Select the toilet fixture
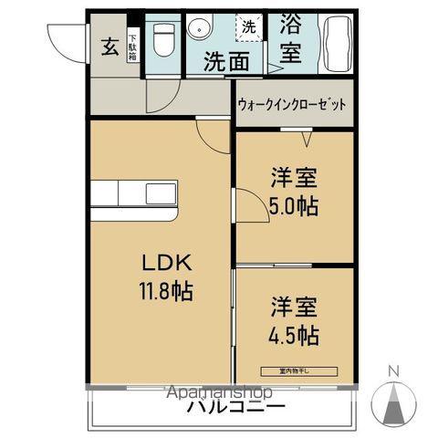[x=164, y=39]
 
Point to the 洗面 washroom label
[x=225, y=62]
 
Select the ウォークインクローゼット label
[x=292, y=105]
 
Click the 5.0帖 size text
[x=294, y=207]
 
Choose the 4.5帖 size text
[x=294, y=335]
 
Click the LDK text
[x=166, y=262]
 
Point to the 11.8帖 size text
[x=166, y=293]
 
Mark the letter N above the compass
[x=393, y=370]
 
